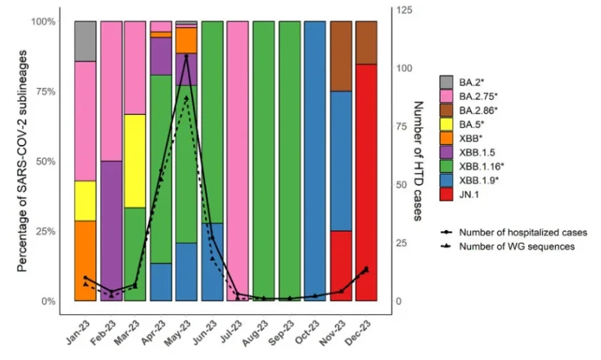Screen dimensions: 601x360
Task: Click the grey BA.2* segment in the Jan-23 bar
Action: point(85,41)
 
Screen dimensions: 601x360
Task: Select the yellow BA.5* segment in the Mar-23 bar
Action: point(135,161)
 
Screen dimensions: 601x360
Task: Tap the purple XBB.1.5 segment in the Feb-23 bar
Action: point(111,231)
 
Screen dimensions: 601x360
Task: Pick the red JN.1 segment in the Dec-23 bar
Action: point(366,183)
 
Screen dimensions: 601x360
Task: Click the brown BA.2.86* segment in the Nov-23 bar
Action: point(341,56)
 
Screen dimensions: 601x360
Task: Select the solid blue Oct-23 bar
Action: point(315,161)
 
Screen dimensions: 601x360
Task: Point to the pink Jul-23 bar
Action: point(237,161)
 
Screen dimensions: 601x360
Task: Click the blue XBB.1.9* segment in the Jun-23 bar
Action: point(213,262)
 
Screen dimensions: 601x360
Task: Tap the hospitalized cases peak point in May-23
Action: point(186,56)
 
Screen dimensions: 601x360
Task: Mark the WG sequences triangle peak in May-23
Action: point(186,98)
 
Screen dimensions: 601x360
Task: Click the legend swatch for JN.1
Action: point(446,195)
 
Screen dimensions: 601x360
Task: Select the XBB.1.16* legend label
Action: point(482,166)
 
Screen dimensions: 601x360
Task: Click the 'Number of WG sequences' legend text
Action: point(517,247)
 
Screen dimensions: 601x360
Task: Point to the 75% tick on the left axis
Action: point(46,91)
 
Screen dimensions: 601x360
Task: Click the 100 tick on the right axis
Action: point(404,68)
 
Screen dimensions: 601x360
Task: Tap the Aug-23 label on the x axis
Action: point(255,333)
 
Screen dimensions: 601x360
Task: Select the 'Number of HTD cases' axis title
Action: point(418,161)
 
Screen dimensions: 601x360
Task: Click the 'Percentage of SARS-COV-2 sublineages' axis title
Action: point(23,161)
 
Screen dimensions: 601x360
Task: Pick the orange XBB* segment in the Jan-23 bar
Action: point(85,261)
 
